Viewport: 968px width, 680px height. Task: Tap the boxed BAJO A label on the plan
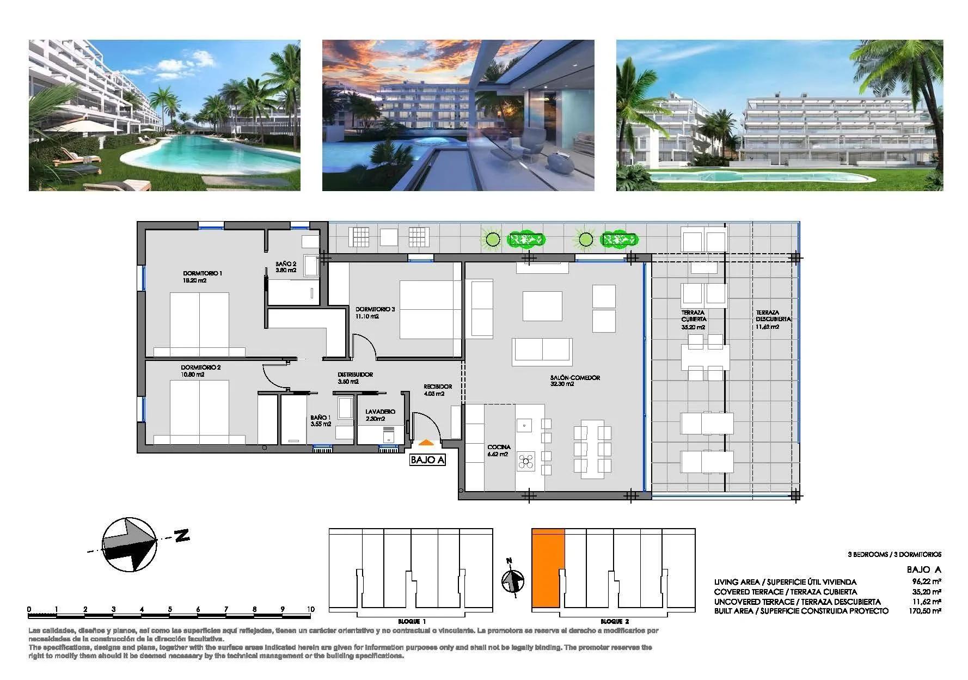427,460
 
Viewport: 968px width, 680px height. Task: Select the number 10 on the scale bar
310,609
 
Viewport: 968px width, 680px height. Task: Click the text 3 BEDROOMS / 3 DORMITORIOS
894,555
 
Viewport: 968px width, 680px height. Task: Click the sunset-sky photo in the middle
458,115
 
